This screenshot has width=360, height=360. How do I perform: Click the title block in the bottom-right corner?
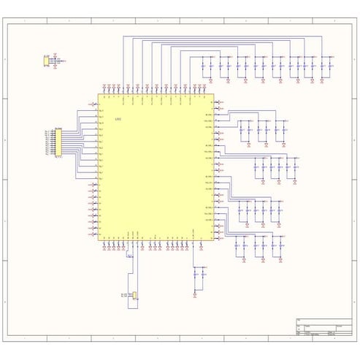(326, 328)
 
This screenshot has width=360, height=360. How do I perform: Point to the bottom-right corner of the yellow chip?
(214, 240)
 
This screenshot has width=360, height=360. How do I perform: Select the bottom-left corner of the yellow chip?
(98, 240)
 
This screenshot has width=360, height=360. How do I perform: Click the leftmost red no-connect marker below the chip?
(104, 250)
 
